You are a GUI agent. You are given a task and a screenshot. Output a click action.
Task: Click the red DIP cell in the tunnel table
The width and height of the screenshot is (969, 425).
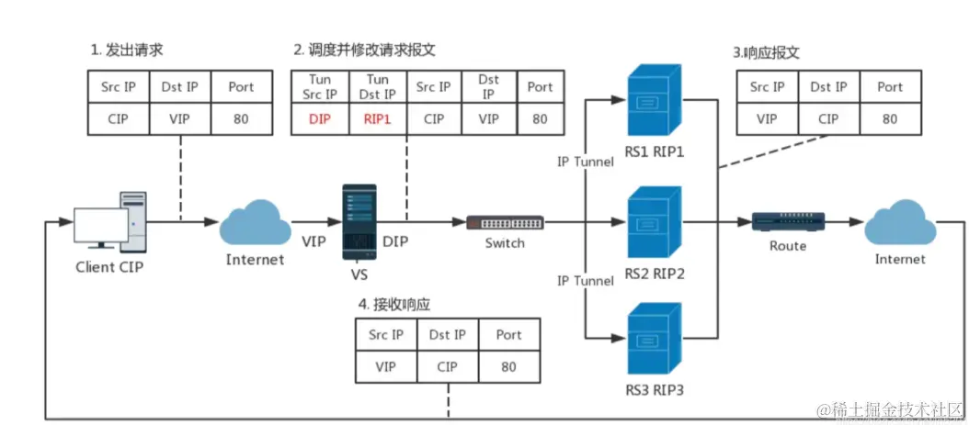pos(321,119)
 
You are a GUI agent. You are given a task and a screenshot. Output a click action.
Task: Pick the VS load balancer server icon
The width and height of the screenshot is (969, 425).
pos(359,219)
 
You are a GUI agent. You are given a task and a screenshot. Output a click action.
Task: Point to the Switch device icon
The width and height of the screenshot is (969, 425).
pos(505,222)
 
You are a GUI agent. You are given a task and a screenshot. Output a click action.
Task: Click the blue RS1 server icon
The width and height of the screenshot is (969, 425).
pos(654,98)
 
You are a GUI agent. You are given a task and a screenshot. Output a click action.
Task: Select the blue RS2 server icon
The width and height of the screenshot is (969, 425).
pos(654,222)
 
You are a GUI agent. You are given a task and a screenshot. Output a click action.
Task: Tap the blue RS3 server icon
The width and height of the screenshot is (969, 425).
pos(654,344)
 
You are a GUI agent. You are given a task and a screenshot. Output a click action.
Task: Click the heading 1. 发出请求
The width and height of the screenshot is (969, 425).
pos(127,50)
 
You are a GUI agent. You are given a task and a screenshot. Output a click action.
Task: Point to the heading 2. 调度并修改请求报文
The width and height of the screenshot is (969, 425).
pos(364,50)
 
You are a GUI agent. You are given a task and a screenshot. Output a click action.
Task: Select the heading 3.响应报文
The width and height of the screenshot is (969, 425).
pos(766,53)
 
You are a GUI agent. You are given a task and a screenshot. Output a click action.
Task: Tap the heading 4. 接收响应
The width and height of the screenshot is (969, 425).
pos(394,304)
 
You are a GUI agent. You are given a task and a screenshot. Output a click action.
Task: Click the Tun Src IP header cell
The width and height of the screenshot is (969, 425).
pos(321,87)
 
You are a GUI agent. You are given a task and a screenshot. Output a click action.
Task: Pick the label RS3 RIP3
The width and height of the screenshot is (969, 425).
pos(654,390)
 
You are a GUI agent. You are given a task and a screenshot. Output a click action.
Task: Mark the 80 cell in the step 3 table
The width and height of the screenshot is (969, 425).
pos(889,119)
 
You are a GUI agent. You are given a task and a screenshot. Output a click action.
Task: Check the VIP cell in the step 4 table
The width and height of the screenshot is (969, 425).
pos(385,366)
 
